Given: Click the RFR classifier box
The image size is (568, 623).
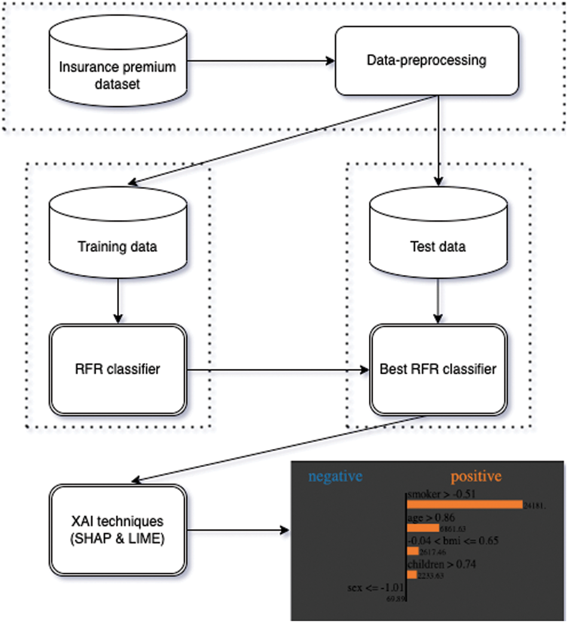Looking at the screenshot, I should pos(117,369).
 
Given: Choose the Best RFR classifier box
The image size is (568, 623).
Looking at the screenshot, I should pos(438,369).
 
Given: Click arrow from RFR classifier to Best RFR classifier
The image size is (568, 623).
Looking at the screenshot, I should pos(277,370).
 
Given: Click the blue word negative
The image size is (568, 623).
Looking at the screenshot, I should pos(335,477).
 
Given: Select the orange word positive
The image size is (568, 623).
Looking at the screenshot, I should pos(476,477).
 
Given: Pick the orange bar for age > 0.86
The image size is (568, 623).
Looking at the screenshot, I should pos(423,529).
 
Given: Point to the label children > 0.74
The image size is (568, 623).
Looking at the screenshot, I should pos(441,564).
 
